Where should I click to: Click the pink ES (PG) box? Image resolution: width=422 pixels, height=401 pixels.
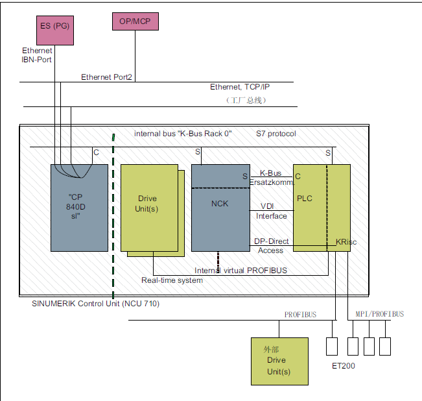(x=55, y=30)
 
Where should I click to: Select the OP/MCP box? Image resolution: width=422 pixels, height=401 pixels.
(x=135, y=21)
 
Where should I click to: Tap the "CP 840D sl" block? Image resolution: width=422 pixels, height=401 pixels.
(x=79, y=208)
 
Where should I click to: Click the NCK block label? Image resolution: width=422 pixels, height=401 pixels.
(x=220, y=204)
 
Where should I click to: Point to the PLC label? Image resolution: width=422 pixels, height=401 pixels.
(x=305, y=199)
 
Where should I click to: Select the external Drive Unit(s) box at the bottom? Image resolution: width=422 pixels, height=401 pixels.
(x=279, y=361)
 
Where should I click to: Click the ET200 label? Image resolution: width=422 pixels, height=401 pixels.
(x=344, y=366)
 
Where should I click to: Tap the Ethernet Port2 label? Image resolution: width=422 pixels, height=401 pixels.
(x=106, y=77)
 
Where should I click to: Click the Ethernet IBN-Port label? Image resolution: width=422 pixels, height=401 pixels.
(x=37, y=55)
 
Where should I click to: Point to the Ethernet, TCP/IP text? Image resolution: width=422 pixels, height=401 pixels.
(x=240, y=87)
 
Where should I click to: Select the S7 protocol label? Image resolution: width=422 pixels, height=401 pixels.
(x=276, y=134)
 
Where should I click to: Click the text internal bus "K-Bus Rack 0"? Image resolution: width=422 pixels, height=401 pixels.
(x=183, y=134)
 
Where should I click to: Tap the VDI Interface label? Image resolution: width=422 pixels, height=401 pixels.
(x=271, y=211)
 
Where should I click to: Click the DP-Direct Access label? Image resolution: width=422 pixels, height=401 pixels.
(x=271, y=246)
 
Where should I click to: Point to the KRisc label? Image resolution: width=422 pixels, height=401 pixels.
(x=346, y=242)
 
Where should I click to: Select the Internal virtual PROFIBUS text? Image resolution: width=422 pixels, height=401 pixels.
(x=240, y=271)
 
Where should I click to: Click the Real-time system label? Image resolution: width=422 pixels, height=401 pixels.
(x=172, y=280)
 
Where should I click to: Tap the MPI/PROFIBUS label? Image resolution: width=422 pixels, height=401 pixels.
(x=379, y=314)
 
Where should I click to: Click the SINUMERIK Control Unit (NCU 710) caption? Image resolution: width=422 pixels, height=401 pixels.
(x=95, y=304)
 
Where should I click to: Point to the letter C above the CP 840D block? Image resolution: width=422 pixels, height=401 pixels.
(x=96, y=152)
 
